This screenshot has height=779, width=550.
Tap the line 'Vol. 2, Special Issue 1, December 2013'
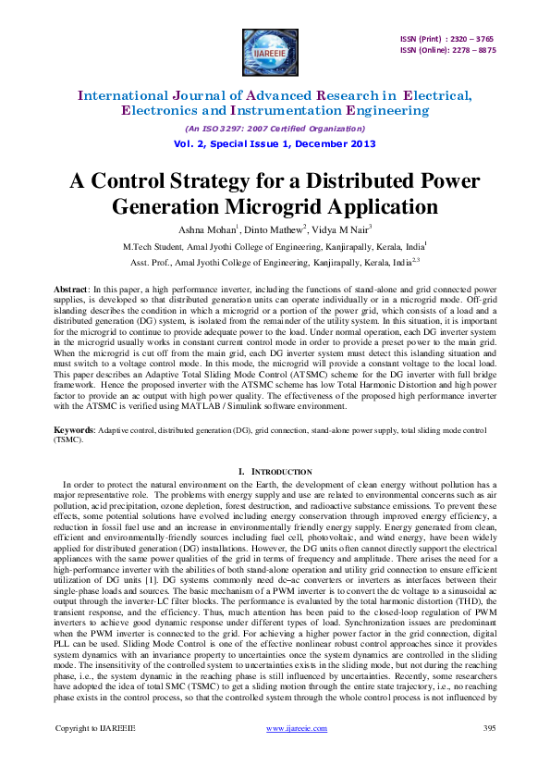(275, 143)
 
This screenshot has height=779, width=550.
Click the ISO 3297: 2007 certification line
(275, 128)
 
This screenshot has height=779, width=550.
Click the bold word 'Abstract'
(70, 289)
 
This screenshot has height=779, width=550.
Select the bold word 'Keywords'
(73, 431)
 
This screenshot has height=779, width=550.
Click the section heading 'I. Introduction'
(275, 473)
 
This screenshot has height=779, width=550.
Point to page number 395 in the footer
(489, 755)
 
